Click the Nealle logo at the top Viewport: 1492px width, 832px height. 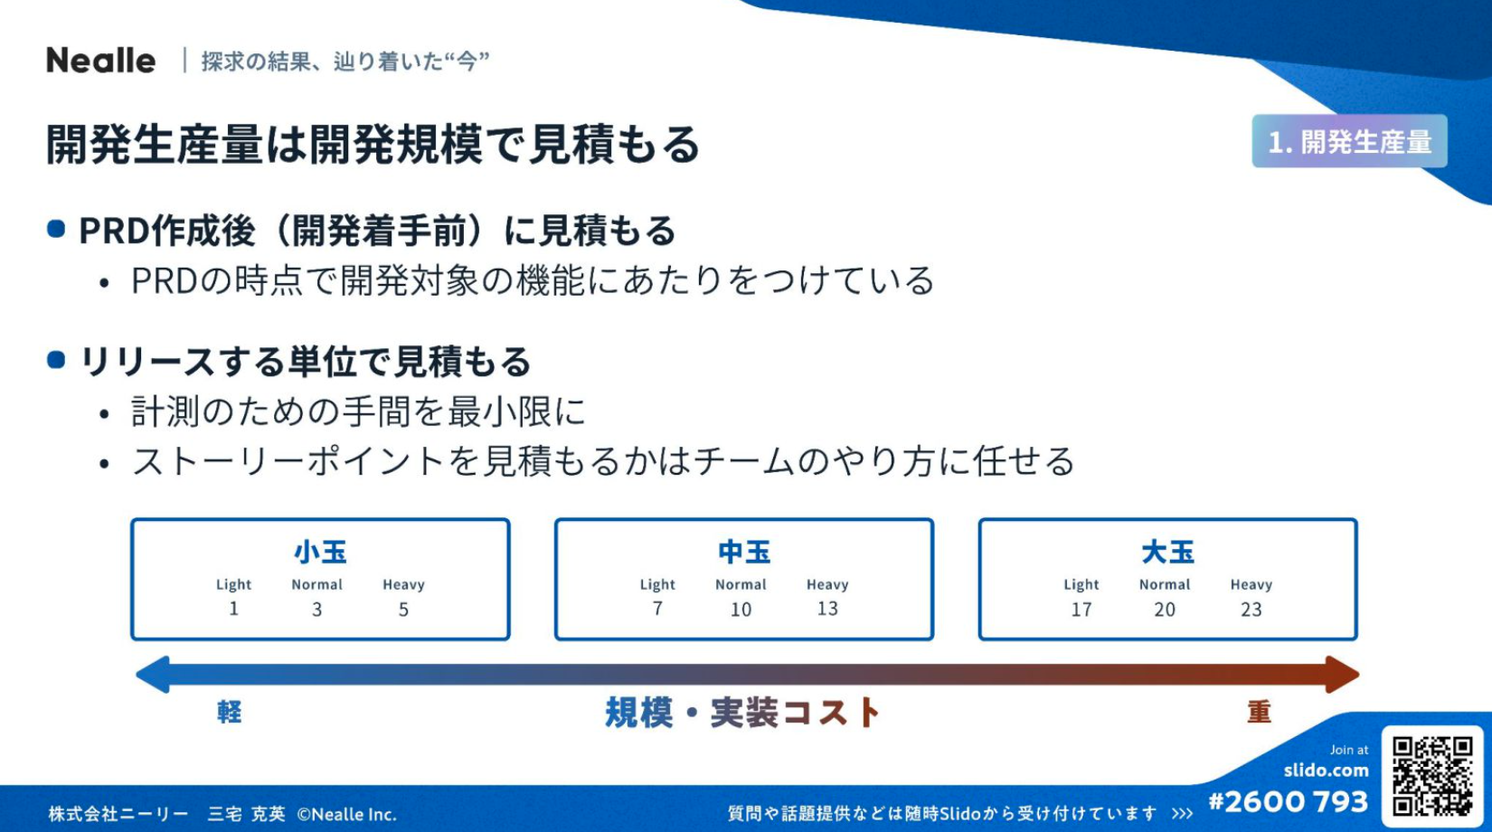[101, 61]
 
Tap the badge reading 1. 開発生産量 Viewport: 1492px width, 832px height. [1349, 141]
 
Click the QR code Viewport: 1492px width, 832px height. [1432, 775]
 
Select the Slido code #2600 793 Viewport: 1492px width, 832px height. [1289, 802]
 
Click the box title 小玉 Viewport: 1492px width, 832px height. [320, 553]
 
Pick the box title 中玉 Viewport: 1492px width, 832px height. [744, 553]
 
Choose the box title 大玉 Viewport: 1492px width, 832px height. [1167, 553]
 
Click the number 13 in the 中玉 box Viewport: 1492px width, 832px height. [827, 609]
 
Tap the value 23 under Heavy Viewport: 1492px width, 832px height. [1251, 610]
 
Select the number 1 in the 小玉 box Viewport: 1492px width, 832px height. [233, 609]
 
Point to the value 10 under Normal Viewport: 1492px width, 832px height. [741, 610]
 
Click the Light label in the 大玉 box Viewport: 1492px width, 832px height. [1081, 585]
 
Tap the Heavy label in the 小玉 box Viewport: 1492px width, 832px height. [403, 585]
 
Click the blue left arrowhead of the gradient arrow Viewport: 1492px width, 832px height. [153, 674]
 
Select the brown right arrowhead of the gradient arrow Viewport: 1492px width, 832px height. [1342, 674]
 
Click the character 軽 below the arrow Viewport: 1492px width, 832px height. [229, 712]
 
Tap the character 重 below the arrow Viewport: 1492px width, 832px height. [1259, 712]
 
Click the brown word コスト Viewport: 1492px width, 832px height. [832, 713]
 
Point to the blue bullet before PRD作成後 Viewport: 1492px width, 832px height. [57, 229]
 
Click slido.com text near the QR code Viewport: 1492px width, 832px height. [1327, 771]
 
